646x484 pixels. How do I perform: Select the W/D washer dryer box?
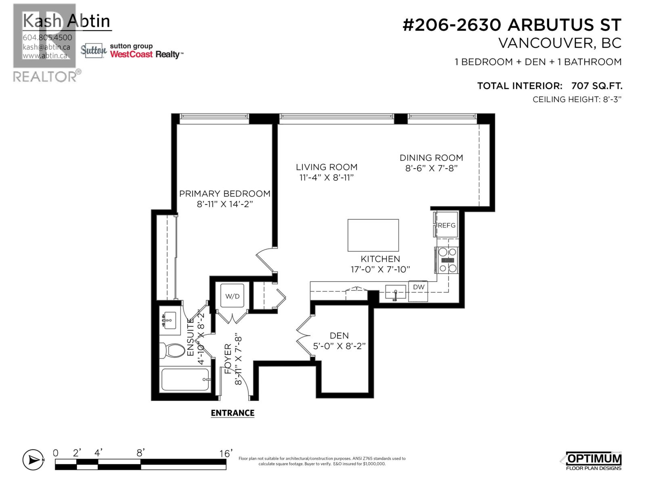[x=232, y=296]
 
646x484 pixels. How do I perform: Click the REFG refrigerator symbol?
[x=447, y=225]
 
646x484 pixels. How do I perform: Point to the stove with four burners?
[x=447, y=260]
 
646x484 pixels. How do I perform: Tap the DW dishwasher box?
[x=418, y=287]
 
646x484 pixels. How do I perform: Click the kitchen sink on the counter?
[x=395, y=291]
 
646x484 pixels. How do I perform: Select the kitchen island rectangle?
[x=373, y=235]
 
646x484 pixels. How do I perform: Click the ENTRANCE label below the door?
[x=233, y=413]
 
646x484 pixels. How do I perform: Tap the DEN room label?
[x=339, y=336]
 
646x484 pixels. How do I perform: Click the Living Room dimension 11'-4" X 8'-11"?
[x=327, y=177]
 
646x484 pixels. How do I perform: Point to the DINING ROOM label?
[x=431, y=158]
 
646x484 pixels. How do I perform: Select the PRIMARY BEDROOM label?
[x=225, y=194]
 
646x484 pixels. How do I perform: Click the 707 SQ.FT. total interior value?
[x=597, y=86]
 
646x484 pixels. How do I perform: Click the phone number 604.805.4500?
[x=48, y=38]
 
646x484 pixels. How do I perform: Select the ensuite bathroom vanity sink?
[x=170, y=321]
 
